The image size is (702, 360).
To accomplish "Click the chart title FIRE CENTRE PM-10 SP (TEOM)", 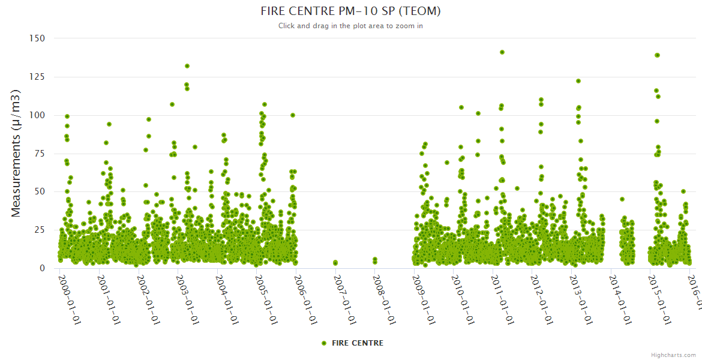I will (x=350, y=11).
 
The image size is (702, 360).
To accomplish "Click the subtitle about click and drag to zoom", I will (x=350, y=26).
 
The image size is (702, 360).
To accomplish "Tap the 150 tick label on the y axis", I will (x=37, y=38).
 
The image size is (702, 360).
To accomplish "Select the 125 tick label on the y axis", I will (x=37, y=76).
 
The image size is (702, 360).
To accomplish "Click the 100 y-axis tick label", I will (x=37, y=115).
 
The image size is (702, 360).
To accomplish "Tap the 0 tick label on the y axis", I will (x=42, y=268).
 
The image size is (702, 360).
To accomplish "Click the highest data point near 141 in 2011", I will (x=502, y=52).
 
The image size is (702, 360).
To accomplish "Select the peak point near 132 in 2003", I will (x=187, y=66).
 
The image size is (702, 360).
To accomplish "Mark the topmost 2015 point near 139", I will (x=657, y=55).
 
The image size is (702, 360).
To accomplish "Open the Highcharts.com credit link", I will (x=673, y=355).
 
